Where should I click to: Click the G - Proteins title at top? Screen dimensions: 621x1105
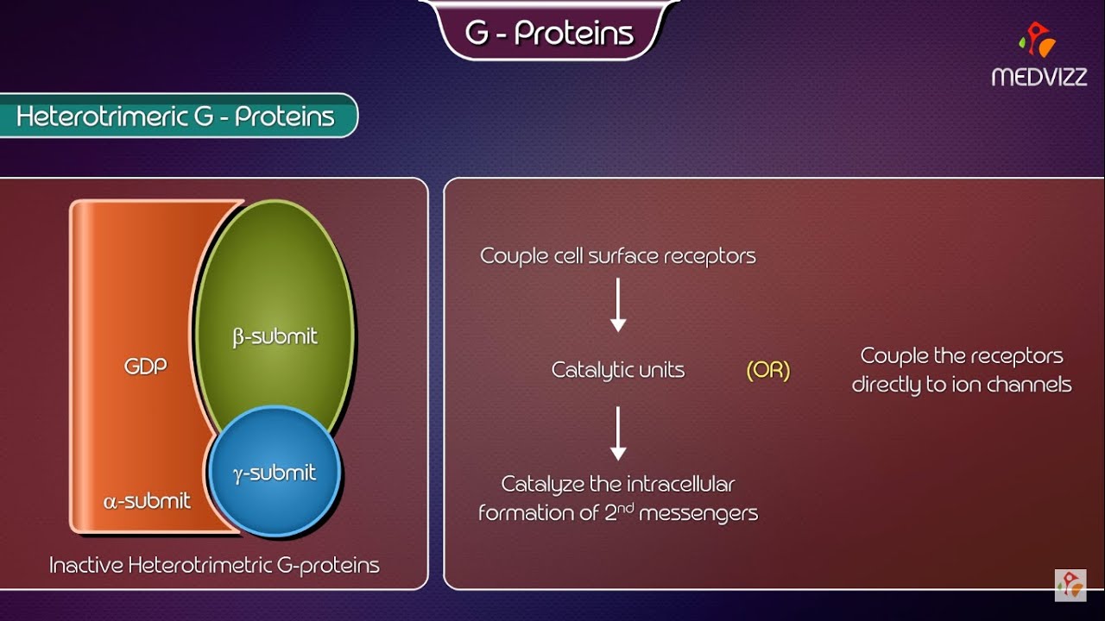click(549, 33)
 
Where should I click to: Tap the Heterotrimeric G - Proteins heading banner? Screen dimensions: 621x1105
click(175, 116)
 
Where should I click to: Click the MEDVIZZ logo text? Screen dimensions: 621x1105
click(1039, 77)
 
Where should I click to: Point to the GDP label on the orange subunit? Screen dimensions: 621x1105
click(144, 366)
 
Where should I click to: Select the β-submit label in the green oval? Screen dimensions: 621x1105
click(275, 336)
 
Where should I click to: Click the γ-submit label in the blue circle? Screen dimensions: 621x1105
click(275, 473)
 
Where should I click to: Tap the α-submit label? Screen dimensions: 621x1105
click(147, 500)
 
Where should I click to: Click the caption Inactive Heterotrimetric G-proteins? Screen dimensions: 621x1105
click(214, 566)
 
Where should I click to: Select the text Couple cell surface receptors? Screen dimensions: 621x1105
click(617, 256)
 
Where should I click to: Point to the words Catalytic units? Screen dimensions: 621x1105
click(617, 370)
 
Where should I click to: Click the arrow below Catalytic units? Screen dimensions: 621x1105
click(618, 433)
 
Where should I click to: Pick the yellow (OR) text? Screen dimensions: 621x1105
click(767, 371)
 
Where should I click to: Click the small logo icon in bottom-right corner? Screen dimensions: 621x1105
click(1070, 584)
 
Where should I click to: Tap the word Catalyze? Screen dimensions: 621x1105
click(542, 484)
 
